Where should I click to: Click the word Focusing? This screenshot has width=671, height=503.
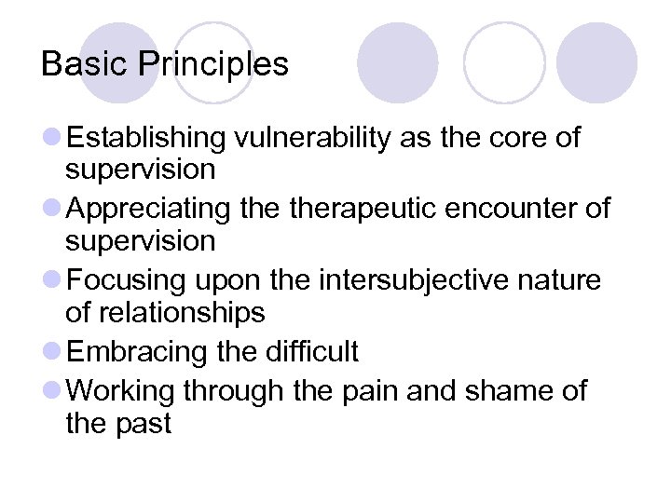125,280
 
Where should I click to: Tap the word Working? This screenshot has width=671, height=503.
121,391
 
